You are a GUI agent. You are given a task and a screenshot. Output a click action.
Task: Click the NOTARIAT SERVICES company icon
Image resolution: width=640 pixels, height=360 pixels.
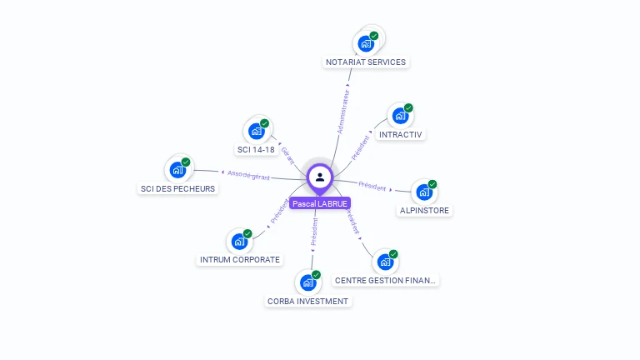(x=366, y=43)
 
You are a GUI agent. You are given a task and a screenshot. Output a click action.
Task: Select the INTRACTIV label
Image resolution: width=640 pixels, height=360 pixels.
(x=401, y=134)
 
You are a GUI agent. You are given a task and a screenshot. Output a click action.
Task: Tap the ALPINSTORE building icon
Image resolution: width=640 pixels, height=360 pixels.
(x=424, y=192)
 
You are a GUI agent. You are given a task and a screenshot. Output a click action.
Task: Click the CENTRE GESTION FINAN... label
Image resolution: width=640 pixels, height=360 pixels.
(x=385, y=281)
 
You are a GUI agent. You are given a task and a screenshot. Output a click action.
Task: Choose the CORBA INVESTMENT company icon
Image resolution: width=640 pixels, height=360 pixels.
(x=307, y=282)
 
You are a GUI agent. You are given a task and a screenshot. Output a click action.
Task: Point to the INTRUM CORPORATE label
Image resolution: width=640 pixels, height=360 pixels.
(x=240, y=259)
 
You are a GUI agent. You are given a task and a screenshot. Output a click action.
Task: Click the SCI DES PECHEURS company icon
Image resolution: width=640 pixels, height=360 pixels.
(x=177, y=170)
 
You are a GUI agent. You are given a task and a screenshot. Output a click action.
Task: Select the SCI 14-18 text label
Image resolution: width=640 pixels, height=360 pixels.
(x=256, y=150)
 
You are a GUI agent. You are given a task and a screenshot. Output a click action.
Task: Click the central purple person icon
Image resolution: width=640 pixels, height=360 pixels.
(x=320, y=177)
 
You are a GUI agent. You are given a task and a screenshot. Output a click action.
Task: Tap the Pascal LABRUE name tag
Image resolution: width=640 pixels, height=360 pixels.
(x=320, y=203)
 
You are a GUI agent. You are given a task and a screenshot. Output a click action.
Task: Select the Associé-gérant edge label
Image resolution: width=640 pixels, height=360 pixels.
(x=249, y=174)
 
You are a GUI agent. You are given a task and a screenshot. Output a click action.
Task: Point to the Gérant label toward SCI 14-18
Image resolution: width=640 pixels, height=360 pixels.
(x=288, y=154)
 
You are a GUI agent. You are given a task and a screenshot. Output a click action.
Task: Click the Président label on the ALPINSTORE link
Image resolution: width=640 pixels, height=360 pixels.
(x=372, y=185)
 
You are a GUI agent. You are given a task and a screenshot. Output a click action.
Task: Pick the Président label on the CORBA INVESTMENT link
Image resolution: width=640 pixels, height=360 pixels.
(x=314, y=231)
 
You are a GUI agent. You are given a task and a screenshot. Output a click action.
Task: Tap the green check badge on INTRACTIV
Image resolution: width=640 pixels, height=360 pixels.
(x=408, y=108)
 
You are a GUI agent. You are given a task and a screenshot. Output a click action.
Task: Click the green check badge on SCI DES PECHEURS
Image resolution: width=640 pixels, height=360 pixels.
(x=186, y=162)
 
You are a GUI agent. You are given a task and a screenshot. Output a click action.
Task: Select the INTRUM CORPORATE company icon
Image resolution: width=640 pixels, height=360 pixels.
(x=239, y=242)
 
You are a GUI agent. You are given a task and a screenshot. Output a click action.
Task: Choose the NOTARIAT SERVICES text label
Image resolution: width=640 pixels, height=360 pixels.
(x=366, y=62)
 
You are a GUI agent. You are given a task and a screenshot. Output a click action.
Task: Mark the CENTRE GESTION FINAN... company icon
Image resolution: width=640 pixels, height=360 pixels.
(x=385, y=262)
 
